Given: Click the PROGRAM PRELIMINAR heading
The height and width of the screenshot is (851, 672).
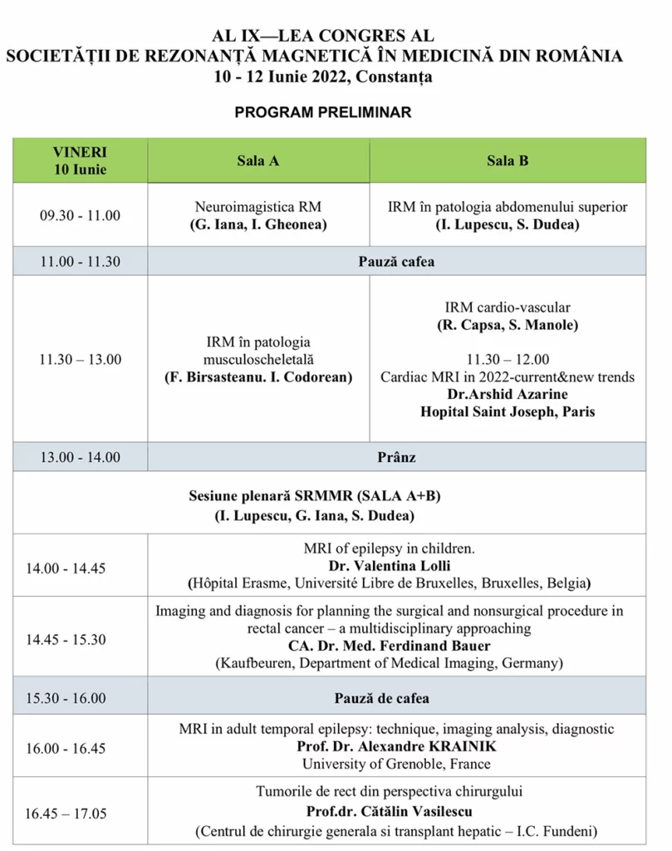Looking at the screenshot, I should point(323,112).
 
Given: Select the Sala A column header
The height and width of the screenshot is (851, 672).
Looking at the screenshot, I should point(258,161).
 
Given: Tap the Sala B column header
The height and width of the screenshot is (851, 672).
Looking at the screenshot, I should point(508,161).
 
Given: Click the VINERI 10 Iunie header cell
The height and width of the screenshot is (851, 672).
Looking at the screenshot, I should point(81,161).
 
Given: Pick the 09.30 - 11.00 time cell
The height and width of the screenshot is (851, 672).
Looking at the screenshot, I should point(81,215).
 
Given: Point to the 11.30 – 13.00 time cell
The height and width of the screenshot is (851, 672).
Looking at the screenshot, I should point(81,359).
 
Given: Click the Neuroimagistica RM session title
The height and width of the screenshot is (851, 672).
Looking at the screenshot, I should point(258,207).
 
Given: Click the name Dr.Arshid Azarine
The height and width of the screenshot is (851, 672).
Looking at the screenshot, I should point(508,395).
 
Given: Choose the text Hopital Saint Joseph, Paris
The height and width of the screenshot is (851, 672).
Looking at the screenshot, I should point(508,411).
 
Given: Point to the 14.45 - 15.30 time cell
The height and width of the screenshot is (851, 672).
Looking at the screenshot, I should point(77,640).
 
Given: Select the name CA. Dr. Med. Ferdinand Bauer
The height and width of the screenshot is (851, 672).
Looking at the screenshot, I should point(390,646).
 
